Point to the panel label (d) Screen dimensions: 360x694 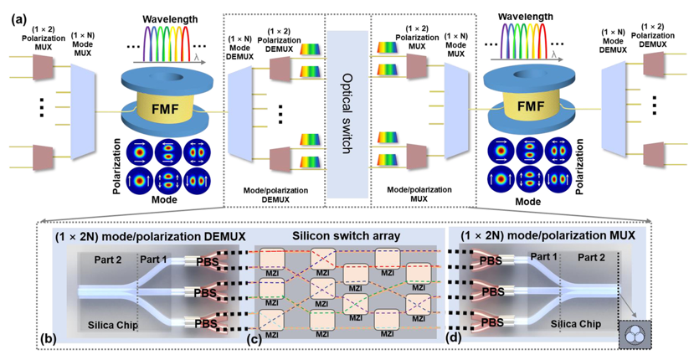pos(455,337)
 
